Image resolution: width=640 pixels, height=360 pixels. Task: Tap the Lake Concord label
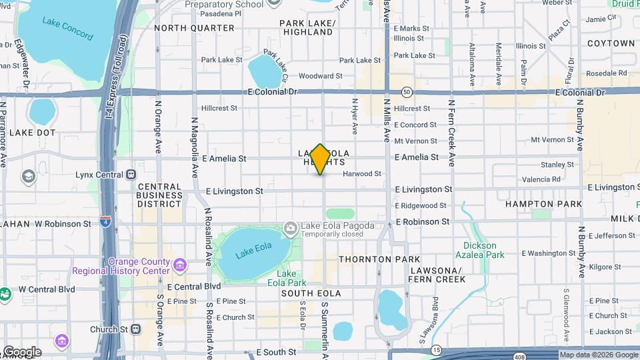(x=67, y=28)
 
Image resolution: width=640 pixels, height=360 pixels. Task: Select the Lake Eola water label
(x=254, y=251)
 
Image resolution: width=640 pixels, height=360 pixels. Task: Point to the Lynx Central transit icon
(x=131, y=175)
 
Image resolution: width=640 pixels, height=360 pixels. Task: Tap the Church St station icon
(x=136, y=329)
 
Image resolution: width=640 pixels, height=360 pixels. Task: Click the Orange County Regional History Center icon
(x=179, y=265)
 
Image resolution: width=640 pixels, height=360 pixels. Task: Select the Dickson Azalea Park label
(x=484, y=250)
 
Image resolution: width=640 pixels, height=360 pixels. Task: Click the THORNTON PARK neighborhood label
(x=379, y=259)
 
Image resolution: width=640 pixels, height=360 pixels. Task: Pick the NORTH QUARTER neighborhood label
(x=195, y=28)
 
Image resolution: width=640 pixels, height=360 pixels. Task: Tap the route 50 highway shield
(x=407, y=92)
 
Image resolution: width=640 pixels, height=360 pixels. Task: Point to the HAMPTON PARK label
(x=543, y=204)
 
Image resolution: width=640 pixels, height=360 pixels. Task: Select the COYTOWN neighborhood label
(x=611, y=43)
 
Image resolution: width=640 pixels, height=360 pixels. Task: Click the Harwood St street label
(x=362, y=174)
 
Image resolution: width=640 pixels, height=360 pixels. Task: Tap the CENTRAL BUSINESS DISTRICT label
(x=160, y=195)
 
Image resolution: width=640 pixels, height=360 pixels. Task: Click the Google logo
(x=22, y=352)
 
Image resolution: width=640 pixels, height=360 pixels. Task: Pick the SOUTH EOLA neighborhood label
(x=311, y=293)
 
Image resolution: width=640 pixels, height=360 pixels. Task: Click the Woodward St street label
(x=320, y=76)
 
